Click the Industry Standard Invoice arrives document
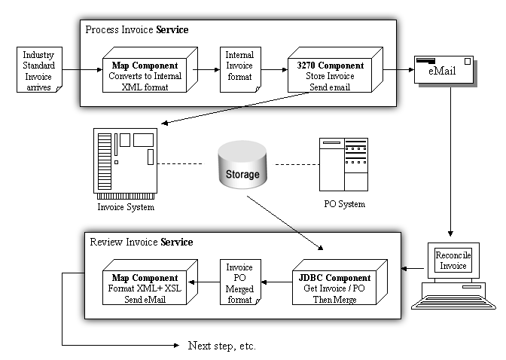[38, 71]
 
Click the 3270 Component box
[329, 76]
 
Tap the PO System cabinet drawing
[343, 163]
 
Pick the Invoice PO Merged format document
[239, 283]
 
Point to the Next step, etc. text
[221, 346]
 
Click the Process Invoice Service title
[136, 30]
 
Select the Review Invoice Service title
[141, 242]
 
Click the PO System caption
[343, 204]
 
